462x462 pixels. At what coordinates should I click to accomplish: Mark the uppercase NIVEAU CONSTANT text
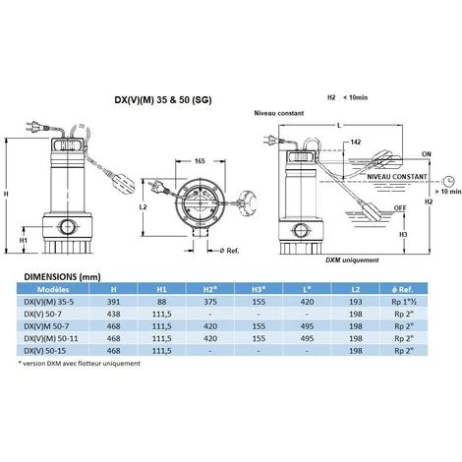click(x=404, y=176)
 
